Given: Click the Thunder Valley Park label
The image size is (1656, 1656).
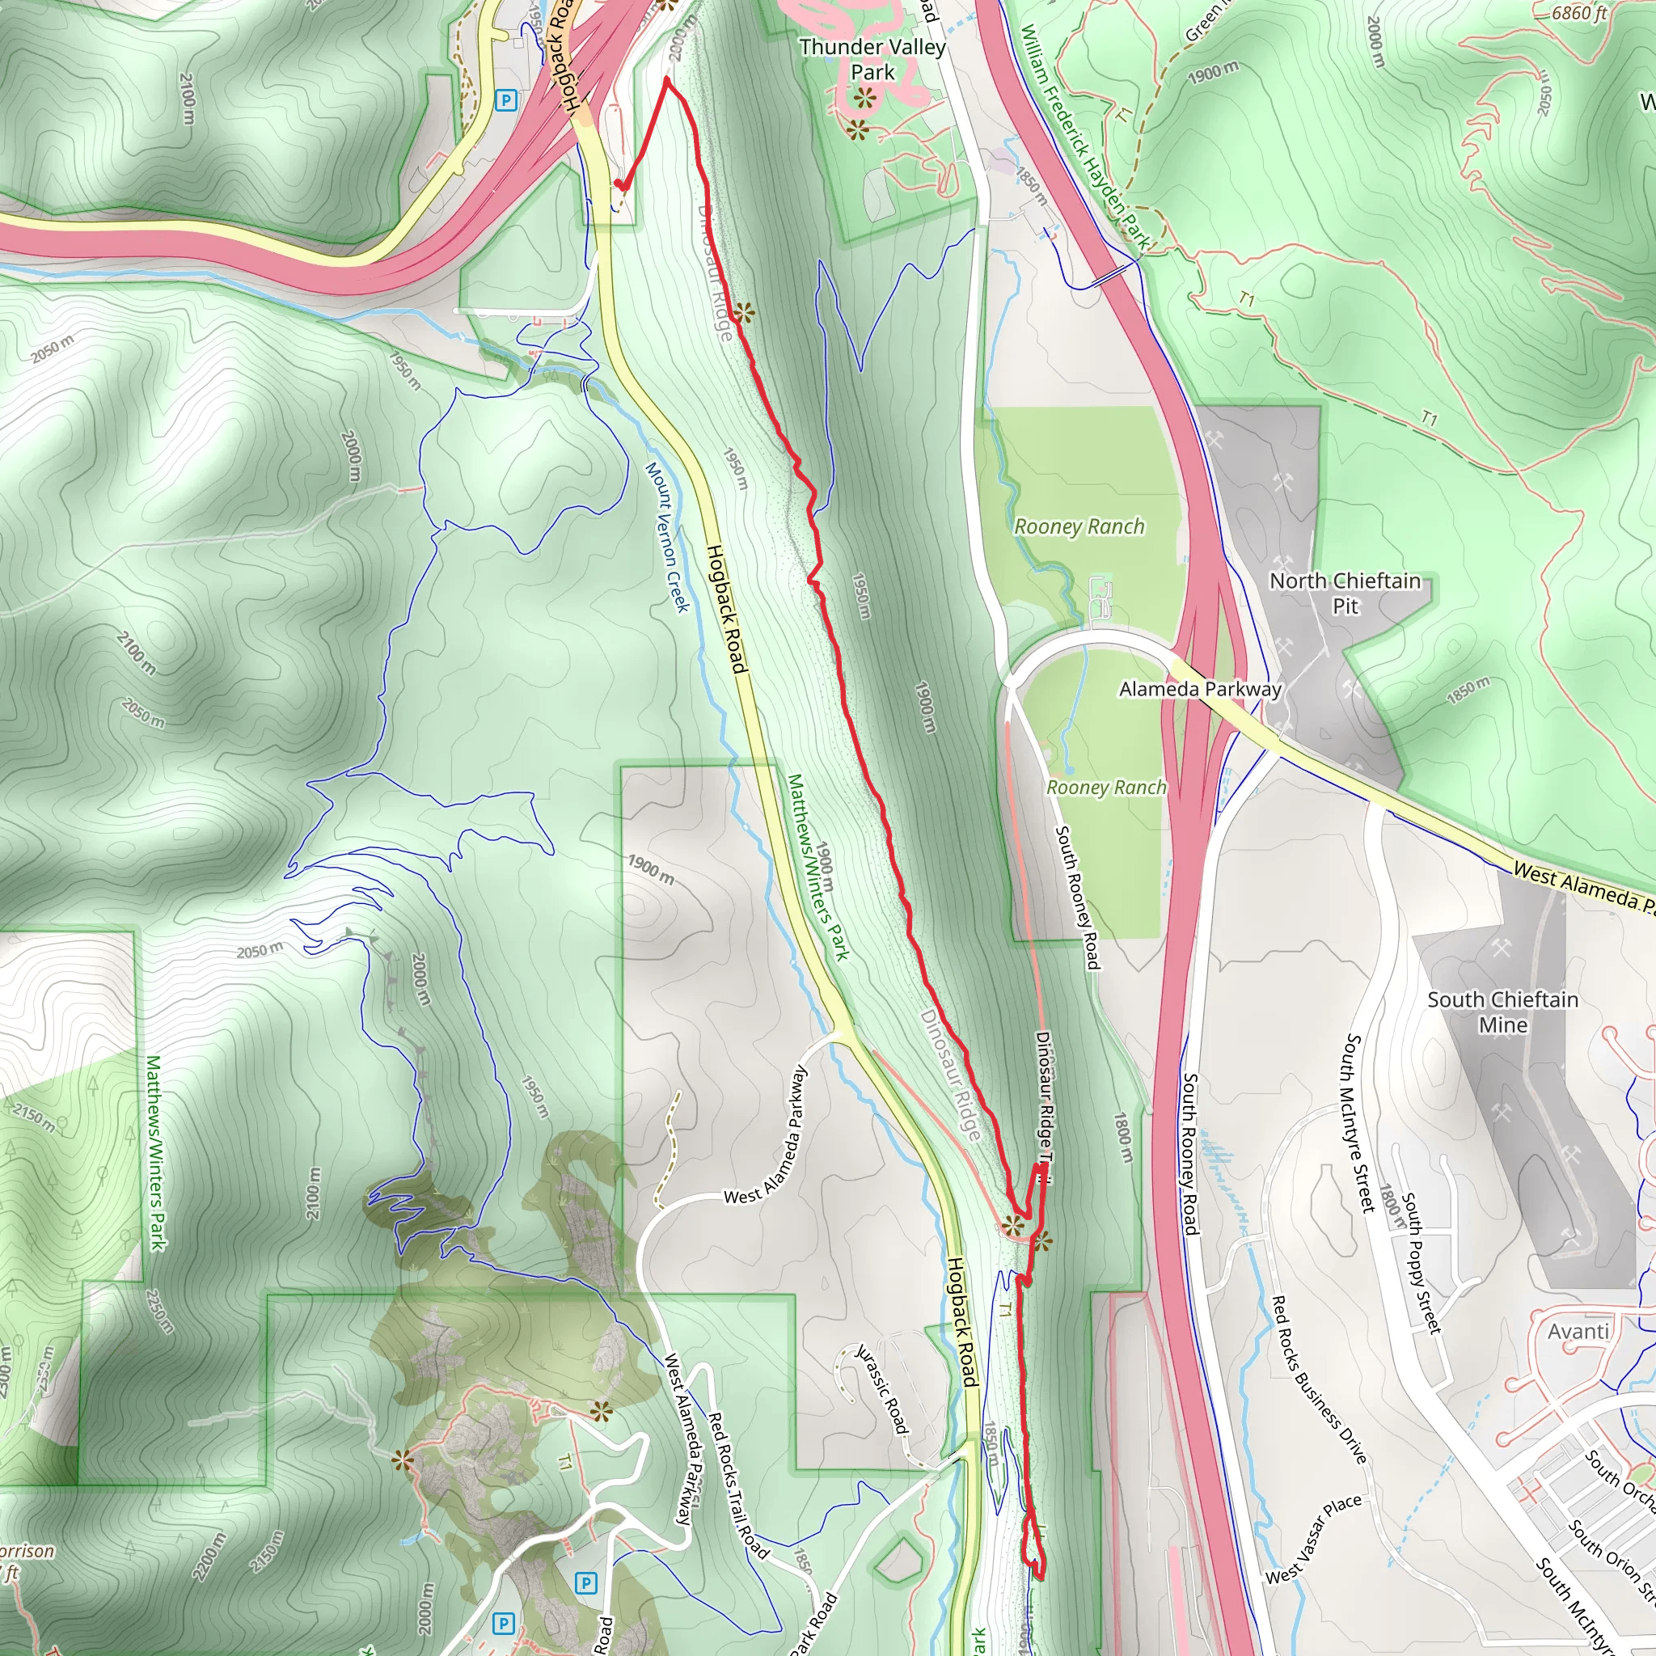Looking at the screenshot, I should [x=872, y=59].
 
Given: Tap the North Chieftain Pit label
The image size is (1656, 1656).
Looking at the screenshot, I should [x=1345, y=594].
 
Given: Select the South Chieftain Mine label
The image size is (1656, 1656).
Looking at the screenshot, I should [x=1502, y=1012].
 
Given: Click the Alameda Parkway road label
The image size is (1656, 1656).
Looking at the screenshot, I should [x=1200, y=689].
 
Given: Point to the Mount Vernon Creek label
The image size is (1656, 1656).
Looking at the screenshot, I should [x=667, y=538].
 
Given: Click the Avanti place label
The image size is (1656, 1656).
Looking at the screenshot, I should [x=1578, y=1331].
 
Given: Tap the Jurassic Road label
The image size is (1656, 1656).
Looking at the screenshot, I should [x=882, y=1388].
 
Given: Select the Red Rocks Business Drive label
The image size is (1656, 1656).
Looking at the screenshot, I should [x=1318, y=1379].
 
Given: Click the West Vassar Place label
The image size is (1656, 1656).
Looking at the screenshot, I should [x=1312, y=1539].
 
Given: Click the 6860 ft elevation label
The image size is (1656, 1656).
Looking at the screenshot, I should [x=1579, y=13].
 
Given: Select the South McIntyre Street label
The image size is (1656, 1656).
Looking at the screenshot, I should [x=1357, y=1123].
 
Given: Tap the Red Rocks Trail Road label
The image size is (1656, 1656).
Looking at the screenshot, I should [x=737, y=1484].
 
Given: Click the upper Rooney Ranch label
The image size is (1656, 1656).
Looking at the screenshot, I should [x=1079, y=526].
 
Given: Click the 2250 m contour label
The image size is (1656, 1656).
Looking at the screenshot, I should [x=159, y=1312].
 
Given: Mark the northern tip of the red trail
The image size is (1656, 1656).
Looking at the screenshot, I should [x=667, y=79].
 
